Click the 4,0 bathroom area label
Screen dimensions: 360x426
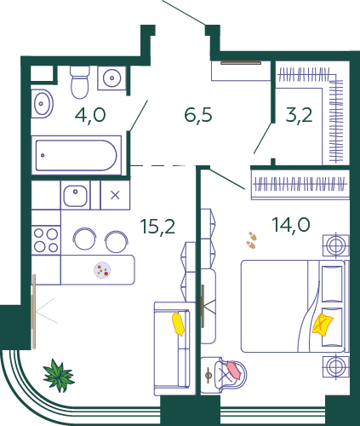point(90,115)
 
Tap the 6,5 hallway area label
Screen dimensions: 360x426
point(198,115)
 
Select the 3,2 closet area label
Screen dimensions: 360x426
point(299,115)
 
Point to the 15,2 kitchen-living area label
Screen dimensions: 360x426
point(158,227)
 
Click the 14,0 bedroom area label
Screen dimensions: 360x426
point(291,224)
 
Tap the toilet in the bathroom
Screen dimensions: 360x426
point(80,82)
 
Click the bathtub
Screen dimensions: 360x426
point(77,155)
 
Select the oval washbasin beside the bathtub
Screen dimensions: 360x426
point(42,104)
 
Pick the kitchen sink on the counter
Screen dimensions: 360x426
point(75,195)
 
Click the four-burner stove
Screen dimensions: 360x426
point(46,240)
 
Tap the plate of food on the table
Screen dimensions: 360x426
point(102,270)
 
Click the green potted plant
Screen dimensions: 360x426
point(59,376)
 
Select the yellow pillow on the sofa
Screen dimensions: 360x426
point(178,324)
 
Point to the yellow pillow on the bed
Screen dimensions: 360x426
point(323,325)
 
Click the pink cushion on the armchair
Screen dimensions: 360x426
point(234,370)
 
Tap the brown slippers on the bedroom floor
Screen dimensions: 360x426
point(252,240)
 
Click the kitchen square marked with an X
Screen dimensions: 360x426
point(115,195)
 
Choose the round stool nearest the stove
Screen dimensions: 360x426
point(84,239)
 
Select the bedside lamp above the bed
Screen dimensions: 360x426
point(336,245)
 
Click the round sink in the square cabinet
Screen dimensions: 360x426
point(112,78)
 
